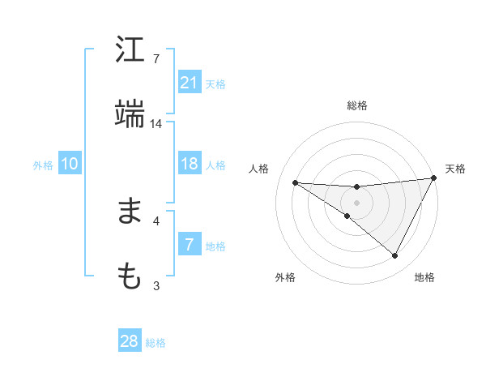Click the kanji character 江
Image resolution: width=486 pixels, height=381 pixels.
130,50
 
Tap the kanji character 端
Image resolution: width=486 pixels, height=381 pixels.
130,115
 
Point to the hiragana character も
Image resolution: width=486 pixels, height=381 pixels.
130,276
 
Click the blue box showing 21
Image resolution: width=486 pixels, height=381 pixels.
190,82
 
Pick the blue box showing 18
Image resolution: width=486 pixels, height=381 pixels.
190,164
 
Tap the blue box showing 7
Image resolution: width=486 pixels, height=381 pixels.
190,245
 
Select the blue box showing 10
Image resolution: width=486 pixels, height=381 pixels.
70,164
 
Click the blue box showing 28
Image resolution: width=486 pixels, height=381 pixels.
130,341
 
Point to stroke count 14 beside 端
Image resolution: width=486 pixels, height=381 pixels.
156,124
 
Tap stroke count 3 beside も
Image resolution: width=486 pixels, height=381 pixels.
156,285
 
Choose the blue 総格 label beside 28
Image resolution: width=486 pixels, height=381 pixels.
156,343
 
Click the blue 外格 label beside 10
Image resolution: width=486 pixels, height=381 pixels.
43,165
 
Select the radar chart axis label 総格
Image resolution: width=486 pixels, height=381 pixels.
357,105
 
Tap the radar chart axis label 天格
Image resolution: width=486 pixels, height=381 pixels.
456,169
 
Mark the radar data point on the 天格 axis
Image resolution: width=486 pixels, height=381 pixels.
434,178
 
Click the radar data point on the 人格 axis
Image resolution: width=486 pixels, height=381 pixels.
295,182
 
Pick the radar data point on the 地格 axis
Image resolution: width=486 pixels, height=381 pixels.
395,256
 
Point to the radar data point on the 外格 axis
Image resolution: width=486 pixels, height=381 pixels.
347,216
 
